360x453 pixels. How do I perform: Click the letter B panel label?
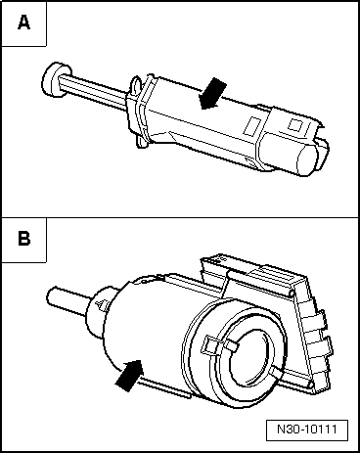coord(22,239)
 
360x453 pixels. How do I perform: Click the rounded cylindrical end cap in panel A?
coord(313,158)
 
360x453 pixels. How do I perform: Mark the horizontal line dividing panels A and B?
coord(180,217)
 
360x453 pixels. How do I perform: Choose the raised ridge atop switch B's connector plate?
coord(253,268)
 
